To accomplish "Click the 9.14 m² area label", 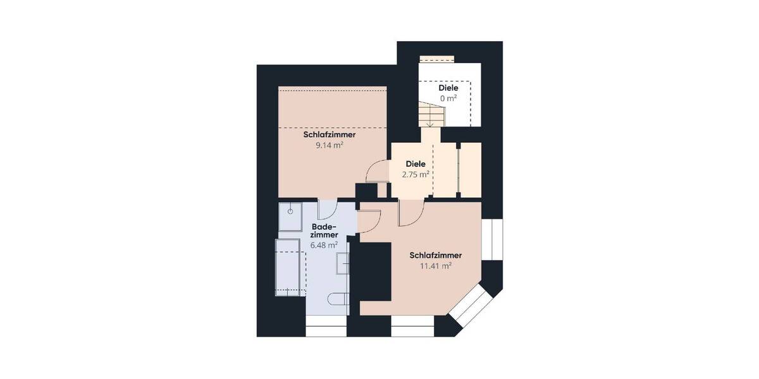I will [329, 145].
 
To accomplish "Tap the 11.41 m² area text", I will [435, 266].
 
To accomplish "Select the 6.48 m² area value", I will [324, 244].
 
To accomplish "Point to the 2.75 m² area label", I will [416, 174].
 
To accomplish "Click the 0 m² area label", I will [448, 99].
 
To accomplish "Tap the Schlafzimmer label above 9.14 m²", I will [329, 135].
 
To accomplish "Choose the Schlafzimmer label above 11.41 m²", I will [435, 255].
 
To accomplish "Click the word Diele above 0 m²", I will [448, 88].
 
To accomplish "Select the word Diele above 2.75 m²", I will [416, 163].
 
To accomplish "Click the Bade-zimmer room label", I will [324, 231].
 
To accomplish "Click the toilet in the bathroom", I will [338, 299].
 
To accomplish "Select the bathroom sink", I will [342, 263].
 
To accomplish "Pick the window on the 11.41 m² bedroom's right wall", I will [491, 240].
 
